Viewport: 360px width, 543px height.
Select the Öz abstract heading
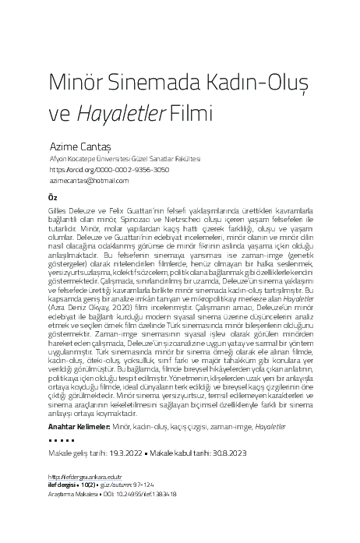tap(53, 198)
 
